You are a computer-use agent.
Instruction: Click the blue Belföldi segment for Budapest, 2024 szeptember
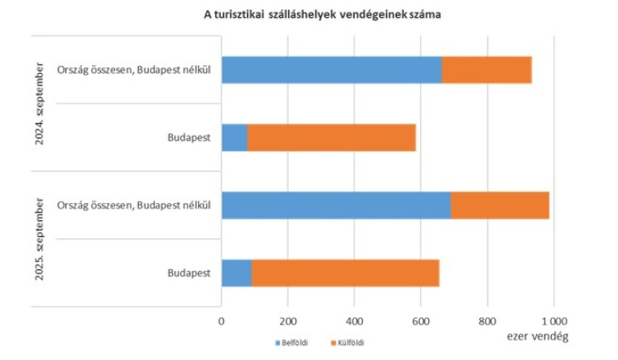[x=235, y=137]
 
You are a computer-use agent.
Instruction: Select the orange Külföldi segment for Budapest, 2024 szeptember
[x=331, y=137]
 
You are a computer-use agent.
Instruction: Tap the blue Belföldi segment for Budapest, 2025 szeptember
[x=236, y=274]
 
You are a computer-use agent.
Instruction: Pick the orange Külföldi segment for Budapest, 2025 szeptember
[x=345, y=274]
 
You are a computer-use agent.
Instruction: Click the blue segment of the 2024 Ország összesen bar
[x=331, y=69]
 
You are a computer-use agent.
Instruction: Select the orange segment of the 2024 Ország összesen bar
[x=487, y=69]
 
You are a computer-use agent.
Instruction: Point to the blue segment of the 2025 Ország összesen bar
[x=335, y=205]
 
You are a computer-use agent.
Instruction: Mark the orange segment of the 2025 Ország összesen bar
[x=499, y=205]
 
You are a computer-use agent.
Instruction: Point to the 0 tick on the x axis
[x=222, y=321]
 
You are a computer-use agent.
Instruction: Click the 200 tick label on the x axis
[x=288, y=321]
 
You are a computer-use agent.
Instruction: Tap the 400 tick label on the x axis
[x=354, y=321]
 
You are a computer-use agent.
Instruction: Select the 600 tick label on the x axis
[x=421, y=321]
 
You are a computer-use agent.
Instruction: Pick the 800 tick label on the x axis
[x=487, y=321]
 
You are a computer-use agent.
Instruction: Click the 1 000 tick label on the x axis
[x=554, y=321]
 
